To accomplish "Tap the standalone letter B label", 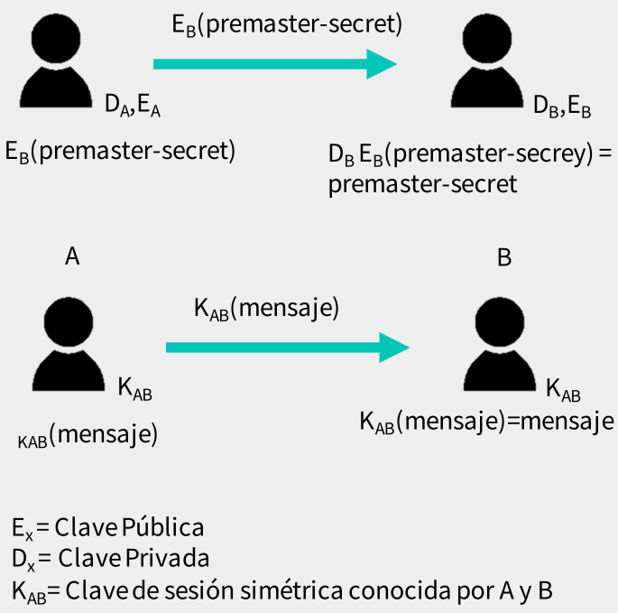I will [504, 257].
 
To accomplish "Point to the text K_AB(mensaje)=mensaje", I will [487, 421].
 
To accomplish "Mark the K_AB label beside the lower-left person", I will [134, 391].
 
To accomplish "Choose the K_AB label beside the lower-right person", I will [563, 391].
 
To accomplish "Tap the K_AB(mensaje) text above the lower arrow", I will [266, 308].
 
